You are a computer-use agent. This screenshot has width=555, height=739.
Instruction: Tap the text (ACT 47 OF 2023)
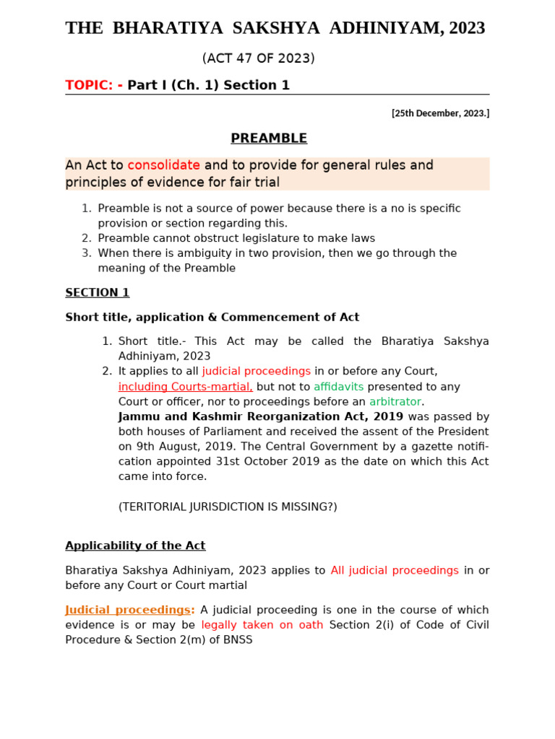coord(258,58)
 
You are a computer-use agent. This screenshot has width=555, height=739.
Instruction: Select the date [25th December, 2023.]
coord(440,113)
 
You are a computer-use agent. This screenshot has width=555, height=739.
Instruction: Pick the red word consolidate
coord(164,165)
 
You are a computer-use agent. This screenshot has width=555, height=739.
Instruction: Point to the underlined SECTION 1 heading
coord(98,293)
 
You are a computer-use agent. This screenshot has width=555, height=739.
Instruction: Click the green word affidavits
coord(338,387)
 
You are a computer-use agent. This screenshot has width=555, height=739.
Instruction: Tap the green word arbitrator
coord(395,402)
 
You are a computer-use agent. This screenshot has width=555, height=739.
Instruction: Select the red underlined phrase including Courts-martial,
coord(186,387)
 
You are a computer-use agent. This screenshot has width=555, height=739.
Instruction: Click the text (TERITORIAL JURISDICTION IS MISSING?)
coord(228,507)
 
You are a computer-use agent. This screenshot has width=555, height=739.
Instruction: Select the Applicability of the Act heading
coord(135,546)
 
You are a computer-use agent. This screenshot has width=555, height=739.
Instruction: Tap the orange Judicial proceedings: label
coord(130,610)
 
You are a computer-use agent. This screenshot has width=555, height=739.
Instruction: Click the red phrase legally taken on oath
coord(262,625)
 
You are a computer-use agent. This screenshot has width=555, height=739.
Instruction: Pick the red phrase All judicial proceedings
coord(395,570)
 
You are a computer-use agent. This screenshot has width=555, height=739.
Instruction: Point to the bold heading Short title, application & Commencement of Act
coord(212,318)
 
